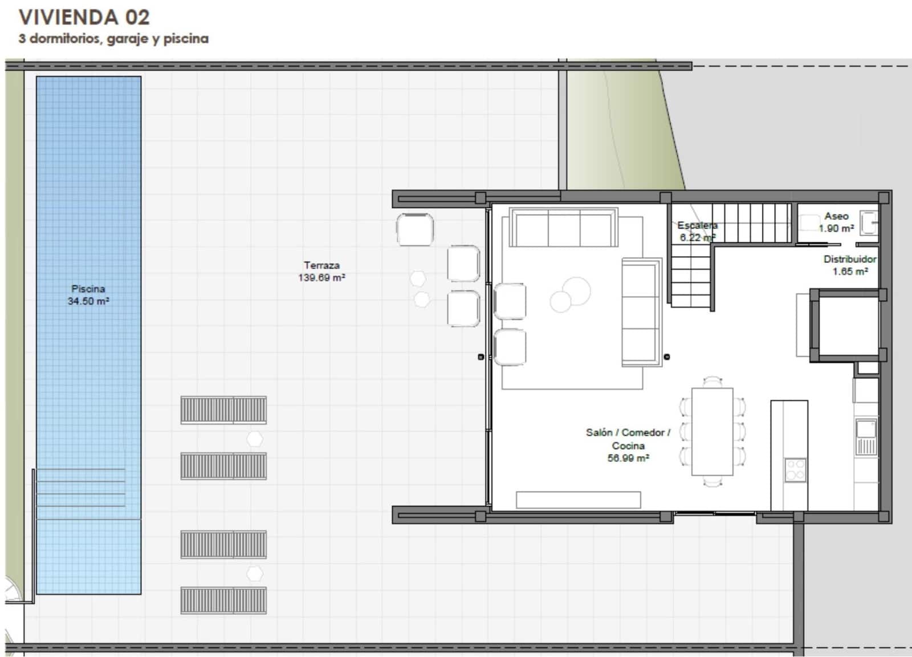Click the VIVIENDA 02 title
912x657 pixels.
pos(84,17)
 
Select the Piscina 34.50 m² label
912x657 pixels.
pos(88,295)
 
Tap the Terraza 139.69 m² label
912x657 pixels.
pos(321,271)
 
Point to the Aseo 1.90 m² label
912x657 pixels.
pos(836,222)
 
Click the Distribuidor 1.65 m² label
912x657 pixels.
pos(849,265)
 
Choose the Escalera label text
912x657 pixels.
pos(697,226)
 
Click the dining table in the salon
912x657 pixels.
pos(712,431)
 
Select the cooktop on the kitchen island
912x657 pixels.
pos(795,470)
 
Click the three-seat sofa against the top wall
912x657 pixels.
pos(564,228)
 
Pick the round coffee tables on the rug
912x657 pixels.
pos(571,294)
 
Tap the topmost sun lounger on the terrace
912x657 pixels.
pos(223,410)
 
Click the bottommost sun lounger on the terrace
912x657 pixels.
pos(223,600)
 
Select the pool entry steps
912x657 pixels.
pos(80,488)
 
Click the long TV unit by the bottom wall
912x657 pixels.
pos(578,500)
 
